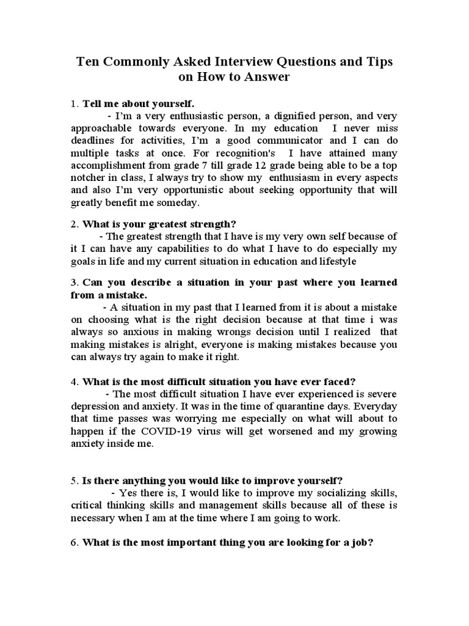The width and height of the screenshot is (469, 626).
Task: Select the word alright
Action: (172, 344)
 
